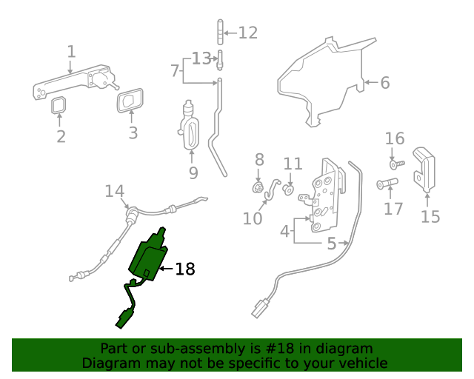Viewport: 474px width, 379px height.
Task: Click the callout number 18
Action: (185, 269)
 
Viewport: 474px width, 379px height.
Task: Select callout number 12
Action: (247, 33)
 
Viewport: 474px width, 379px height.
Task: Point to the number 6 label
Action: (385, 83)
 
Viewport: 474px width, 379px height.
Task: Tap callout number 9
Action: (193, 172)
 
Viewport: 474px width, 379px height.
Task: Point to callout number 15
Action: (430, 216)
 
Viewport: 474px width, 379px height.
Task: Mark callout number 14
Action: (114, 192)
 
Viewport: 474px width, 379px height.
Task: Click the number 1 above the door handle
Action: (71, 52)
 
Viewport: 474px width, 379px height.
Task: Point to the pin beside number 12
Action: (219, 33)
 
